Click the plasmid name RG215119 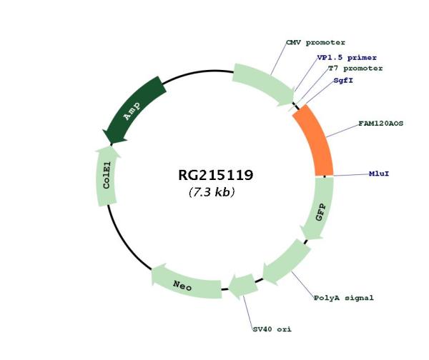tap(216, 175)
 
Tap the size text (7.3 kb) tap(212, 192)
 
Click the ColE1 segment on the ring tap(107, 176)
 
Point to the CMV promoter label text tap(315, 43)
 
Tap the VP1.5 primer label tap(347, 58)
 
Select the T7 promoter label tap(355, 69)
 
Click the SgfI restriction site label tap(343, 81)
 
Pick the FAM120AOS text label tap(381, 124)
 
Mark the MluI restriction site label tap(379, 174)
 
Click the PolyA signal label tap(344, 298)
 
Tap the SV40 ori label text tap(272, 329)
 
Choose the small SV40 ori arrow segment tap(243, 286)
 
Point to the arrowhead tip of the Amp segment tap(111, 144)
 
